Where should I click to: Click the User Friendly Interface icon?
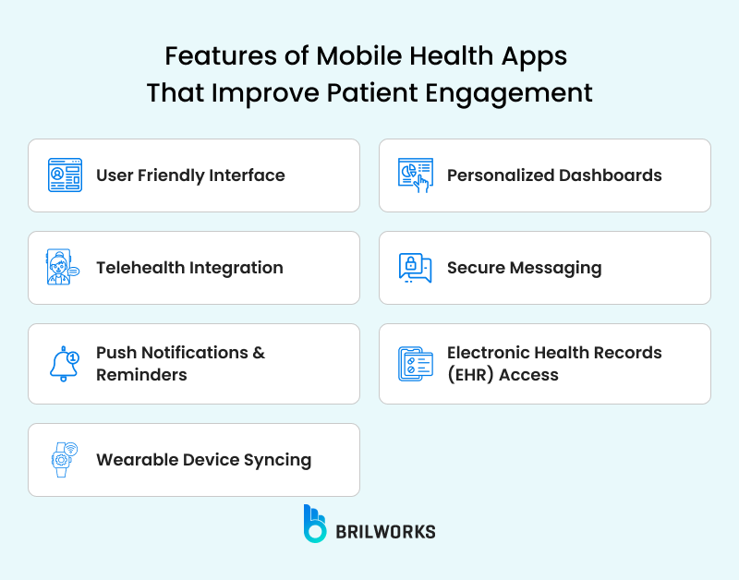click(65, 175)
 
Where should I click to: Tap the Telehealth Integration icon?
click(64, 268)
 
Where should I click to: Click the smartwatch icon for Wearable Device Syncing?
click(64, 460)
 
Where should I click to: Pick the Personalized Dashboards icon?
click(416, 175)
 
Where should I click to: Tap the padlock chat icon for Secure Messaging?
click(416, 268)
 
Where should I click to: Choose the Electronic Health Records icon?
click(416, 364)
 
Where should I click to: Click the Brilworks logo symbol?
click(314, 523)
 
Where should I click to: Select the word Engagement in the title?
click(521, 93)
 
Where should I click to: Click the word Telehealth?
click(140, 268)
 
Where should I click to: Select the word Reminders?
click(141, 375)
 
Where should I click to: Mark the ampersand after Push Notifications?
click(259, 353)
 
